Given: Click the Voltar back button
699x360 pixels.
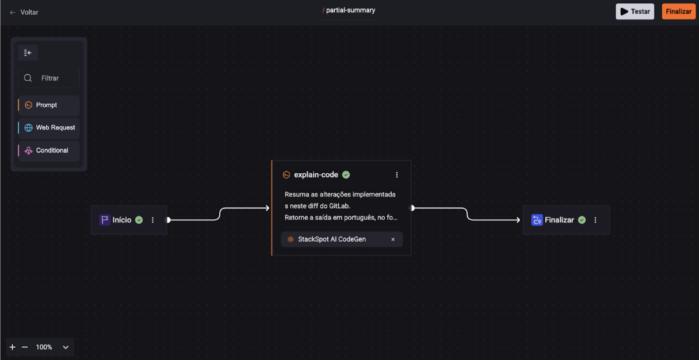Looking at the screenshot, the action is click(24, 12).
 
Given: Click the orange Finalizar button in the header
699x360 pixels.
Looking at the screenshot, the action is click(678, 12).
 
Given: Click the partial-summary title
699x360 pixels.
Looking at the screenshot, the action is click(350, 10).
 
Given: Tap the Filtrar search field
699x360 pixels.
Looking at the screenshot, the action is click(48, 78).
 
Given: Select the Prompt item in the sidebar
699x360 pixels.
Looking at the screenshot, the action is click(48, 105).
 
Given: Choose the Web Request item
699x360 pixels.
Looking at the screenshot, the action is click(48, 128).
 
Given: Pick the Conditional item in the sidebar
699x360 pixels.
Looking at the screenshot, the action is click(48, 151).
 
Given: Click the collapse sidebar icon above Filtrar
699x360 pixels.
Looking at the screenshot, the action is click(28, 53).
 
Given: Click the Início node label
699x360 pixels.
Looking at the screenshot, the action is click(122, 220).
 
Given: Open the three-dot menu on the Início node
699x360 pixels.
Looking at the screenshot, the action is click(153, 220).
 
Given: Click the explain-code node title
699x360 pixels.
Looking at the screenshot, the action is click(316, 175).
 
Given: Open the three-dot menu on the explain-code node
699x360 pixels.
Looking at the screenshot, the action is click(397, 175).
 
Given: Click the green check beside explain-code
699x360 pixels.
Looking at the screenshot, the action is click(346, 175).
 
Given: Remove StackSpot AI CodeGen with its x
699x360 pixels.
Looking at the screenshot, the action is click(393, 239).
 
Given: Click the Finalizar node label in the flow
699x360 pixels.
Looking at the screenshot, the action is click(559, 220).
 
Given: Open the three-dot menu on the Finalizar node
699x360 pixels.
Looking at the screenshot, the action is click(595, 220).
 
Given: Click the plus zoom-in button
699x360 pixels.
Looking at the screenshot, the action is click(12, 347).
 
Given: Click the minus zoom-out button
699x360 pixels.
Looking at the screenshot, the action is click(25, 347).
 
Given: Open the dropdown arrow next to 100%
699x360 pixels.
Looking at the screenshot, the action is click(66, 347).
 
